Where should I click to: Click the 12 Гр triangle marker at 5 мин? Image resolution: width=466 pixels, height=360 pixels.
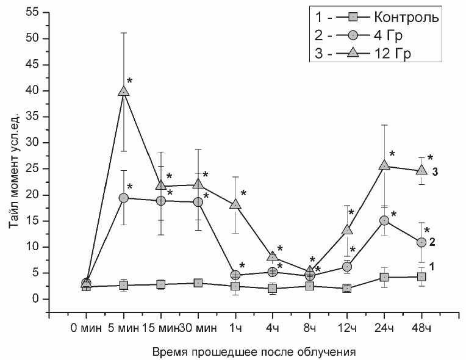tap(124, 91)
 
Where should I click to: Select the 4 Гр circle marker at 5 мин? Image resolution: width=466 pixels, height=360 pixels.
tap(124, 198)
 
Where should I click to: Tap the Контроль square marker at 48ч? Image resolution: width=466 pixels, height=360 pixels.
tap(421, 276)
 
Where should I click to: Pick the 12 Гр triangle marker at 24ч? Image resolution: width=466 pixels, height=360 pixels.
tap(384, 165)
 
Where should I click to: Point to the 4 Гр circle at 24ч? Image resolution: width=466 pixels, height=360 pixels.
tap(384, 220)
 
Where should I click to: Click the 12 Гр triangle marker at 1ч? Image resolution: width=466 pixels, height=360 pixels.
tap(235, 204)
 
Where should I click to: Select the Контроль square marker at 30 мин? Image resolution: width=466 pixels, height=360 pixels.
tap(198, 283)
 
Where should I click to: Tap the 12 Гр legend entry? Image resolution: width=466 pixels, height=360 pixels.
tap(396, 53)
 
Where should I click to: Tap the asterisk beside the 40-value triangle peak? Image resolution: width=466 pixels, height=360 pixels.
tap(129, 82)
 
